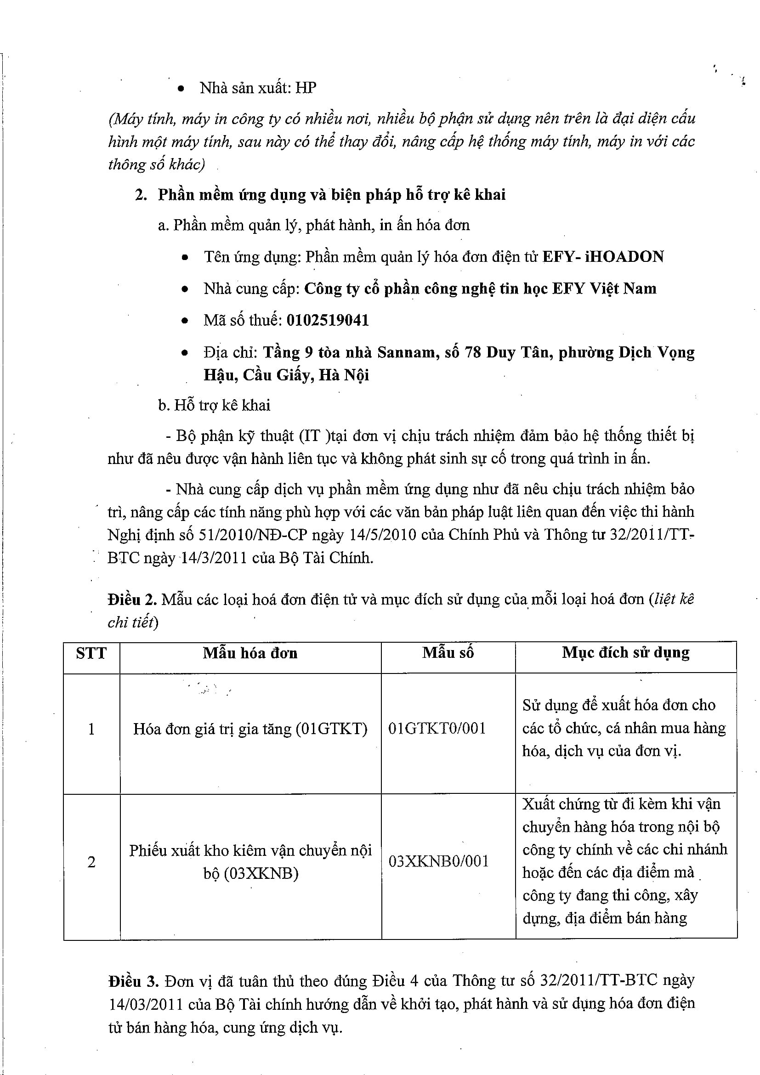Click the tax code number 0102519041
click(x=327, y=320)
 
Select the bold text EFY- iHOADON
click(x=603, y=257)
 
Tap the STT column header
click(x=91, y=653)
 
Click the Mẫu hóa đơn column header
click(x=250, y=653)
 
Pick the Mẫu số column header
click(x=448, y=653)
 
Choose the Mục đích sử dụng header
click(x=626, y=653)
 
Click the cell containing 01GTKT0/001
click(x=437, y=729)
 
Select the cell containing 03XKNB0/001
click(x=438, y=861)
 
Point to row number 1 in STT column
click(x=91, y=729)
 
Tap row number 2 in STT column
click(x=91, y=862)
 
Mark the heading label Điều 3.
click(x=130, y=981)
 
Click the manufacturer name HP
click(x=306, y=88)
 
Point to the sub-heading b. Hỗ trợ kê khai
click(x=214, y=405)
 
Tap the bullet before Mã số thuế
click(x=185, y=321)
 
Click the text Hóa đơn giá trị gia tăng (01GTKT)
click(x=250, y=729)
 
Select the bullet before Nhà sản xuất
click(x=181, y=89)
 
